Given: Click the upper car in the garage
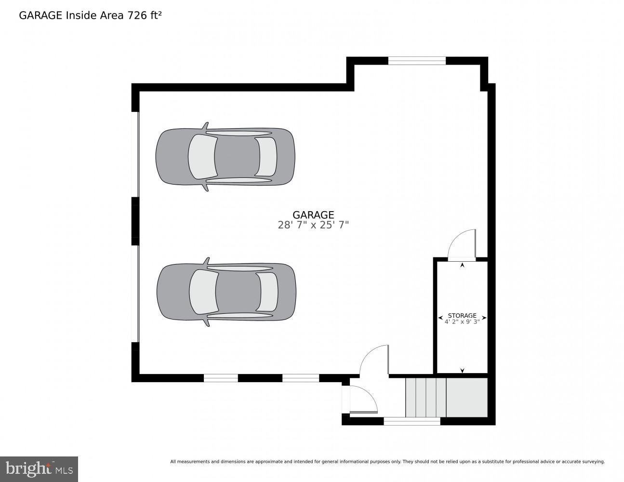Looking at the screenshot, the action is click(225, 157).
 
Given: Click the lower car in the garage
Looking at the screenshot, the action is click(226, 292).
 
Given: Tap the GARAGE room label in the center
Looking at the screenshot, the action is click(313, 215).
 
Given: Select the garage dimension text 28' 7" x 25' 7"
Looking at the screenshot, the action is click(313, 225).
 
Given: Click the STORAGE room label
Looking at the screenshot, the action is click(462, 315).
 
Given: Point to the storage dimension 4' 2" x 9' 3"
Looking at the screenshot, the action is click(462, 321).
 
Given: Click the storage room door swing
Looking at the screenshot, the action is click(462, 245).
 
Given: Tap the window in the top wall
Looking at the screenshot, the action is click(417, 61).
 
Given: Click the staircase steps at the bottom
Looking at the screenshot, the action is click(425, 397).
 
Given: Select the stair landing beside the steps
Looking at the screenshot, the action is click(467, 397).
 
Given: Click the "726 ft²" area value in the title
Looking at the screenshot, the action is click(145, 15).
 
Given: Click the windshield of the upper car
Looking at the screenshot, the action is click(203, 157).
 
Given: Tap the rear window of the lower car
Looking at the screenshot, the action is click(267, 292).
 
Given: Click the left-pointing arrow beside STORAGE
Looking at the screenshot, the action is click(440, 318).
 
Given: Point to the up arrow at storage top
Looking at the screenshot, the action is click(462, 265).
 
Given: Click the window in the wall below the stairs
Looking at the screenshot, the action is click(412, 421).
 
